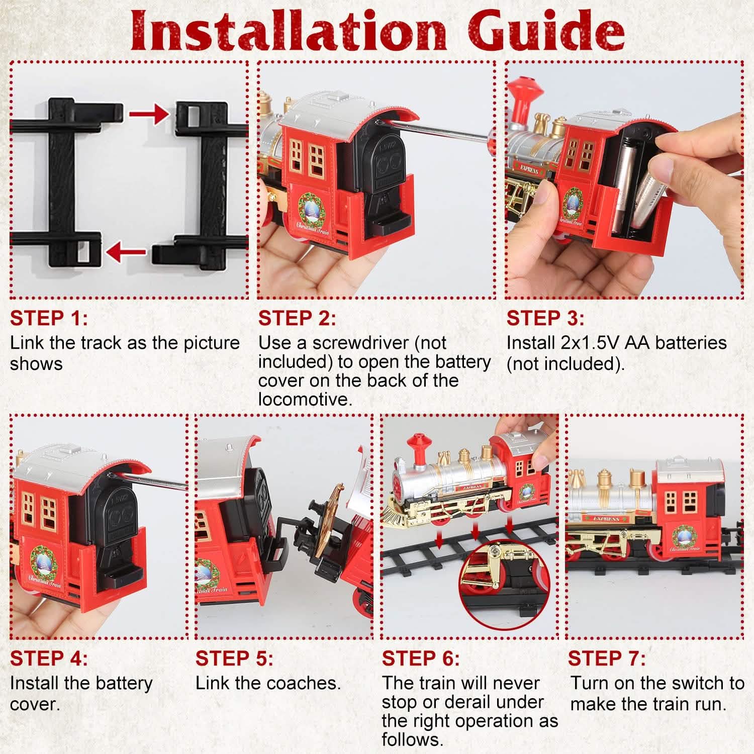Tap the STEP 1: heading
pos(49,318)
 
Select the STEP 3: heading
pos(545,318)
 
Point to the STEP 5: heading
pos(234,658)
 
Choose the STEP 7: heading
pos(607,658)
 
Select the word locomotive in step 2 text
pos(304,400)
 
